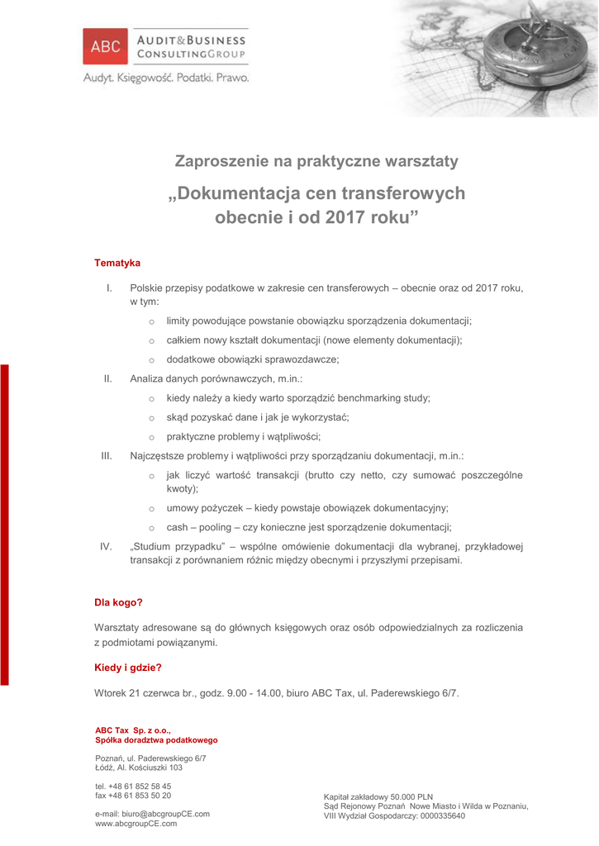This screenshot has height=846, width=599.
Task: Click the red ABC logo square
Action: [105, 46]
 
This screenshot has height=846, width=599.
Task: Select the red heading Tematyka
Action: [117, 263]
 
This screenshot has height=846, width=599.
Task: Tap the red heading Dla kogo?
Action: [119, 602]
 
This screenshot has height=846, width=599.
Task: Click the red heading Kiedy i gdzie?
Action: [128, 667]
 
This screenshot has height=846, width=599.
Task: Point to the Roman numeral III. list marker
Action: [107, 455]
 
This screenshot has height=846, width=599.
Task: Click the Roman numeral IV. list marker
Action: [107, 546]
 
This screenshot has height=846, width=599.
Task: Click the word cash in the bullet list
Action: [178, 527]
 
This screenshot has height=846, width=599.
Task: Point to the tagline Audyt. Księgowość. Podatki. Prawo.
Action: [165, 78]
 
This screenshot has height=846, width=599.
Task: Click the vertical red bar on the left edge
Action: [4, 525]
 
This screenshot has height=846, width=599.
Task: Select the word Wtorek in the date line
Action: [111, 693]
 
